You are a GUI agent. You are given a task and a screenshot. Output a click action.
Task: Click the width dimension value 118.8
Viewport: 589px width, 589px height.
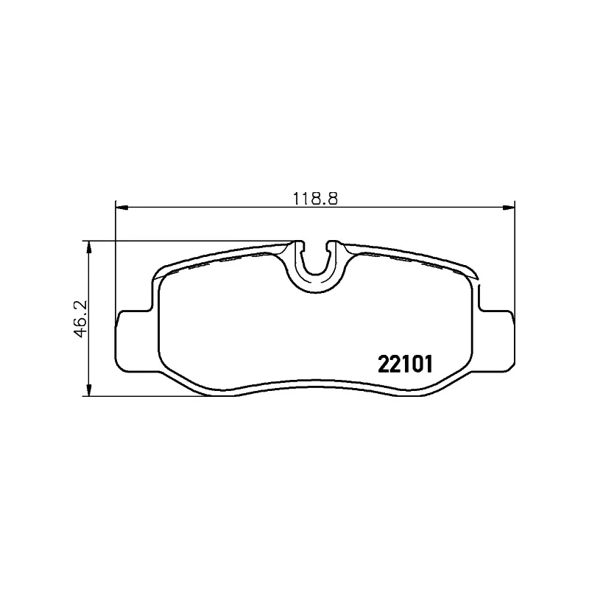click(314, 198)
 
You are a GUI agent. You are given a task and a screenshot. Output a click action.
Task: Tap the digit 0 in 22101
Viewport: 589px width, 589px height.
click(412, 363)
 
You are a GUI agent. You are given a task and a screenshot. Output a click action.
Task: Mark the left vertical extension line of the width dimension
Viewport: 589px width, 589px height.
click(116, 258)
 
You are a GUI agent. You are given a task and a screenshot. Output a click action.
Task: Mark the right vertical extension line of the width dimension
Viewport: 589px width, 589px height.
click(515, 258)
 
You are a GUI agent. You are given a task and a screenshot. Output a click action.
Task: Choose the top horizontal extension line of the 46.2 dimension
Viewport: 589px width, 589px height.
click(184, 241)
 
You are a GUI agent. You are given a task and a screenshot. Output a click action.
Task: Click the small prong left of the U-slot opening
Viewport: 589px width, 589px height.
click(299, 244)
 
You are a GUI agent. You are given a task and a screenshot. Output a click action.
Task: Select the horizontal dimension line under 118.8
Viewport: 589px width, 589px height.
click(221, 208)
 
